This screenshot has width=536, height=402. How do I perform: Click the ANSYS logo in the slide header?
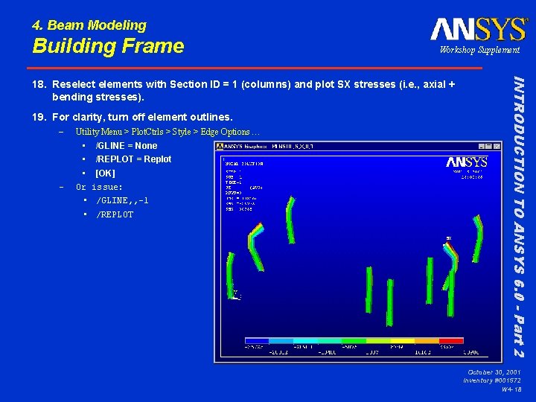(x=478, y=29)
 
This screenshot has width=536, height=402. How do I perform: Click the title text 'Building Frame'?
(x=108, y=46)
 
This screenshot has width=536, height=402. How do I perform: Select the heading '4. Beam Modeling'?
(x=89, y=25)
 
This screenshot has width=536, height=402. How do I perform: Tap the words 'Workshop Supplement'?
(x=479, y=50)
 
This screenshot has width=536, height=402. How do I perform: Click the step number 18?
(x=39, y=84)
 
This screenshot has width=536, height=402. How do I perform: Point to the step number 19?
(x=39, y=117)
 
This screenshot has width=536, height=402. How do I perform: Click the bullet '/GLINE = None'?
(x=127, y=146)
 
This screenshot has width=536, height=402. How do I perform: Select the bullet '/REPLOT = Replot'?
(x=133, y=159)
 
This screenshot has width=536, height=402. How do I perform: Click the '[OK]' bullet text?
(x=105, y=173)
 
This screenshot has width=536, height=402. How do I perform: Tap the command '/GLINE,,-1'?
(x=122, y=201)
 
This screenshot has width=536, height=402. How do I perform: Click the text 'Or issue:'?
(x=99, y=187)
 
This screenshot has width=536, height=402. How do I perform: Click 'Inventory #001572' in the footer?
(x=491, y=380)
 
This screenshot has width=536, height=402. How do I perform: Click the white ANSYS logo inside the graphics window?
(x=467, y=162)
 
